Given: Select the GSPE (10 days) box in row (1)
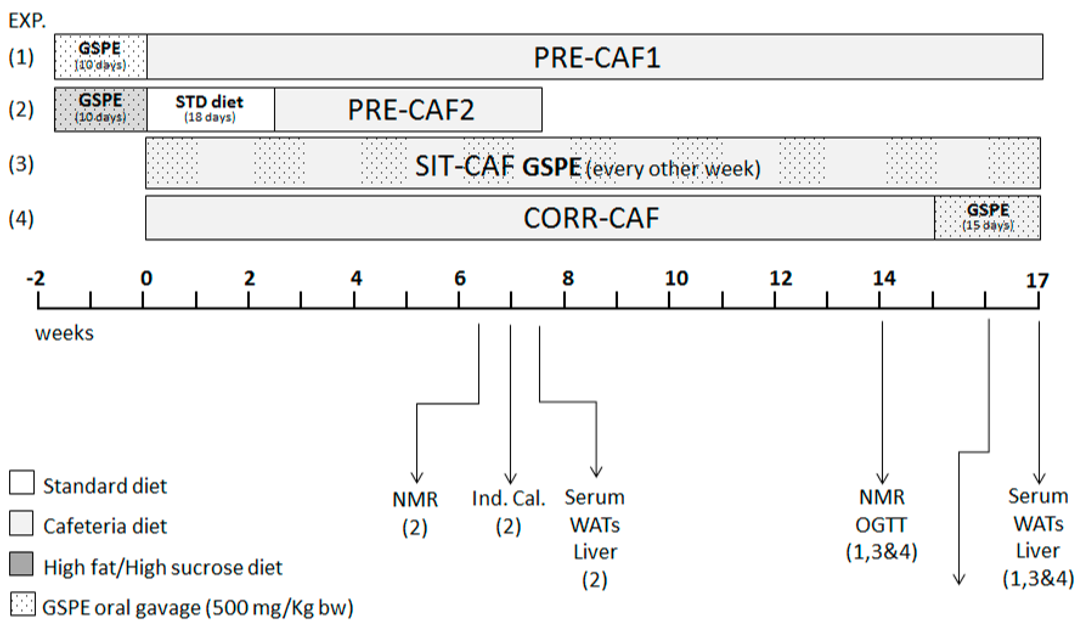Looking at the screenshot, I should pos(100,56).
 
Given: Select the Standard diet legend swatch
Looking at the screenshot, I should pos(22,482).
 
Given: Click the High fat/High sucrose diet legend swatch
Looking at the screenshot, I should pos(22,564).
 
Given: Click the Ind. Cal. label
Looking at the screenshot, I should pos(508,499).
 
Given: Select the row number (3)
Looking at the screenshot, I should pos(21,164).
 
